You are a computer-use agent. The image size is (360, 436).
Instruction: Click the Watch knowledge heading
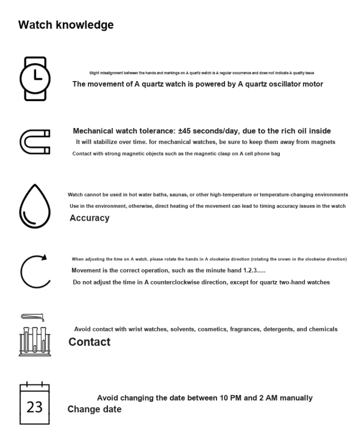(x=66, y=25)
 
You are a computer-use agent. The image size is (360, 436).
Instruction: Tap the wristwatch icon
(x=35, y=79)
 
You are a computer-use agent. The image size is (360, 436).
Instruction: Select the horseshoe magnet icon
(x=35, y=141)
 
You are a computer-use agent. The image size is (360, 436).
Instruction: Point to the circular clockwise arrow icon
(x=35, y=271)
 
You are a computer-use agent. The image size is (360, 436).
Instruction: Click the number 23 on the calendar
(x=35, y=407)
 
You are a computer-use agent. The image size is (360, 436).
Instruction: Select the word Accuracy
(x=89, y=218)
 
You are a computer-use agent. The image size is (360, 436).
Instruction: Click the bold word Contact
(x=89, y=342)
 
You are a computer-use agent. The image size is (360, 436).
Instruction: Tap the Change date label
(x=94, y=409)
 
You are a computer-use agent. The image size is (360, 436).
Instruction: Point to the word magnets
(x=323, y=142)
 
